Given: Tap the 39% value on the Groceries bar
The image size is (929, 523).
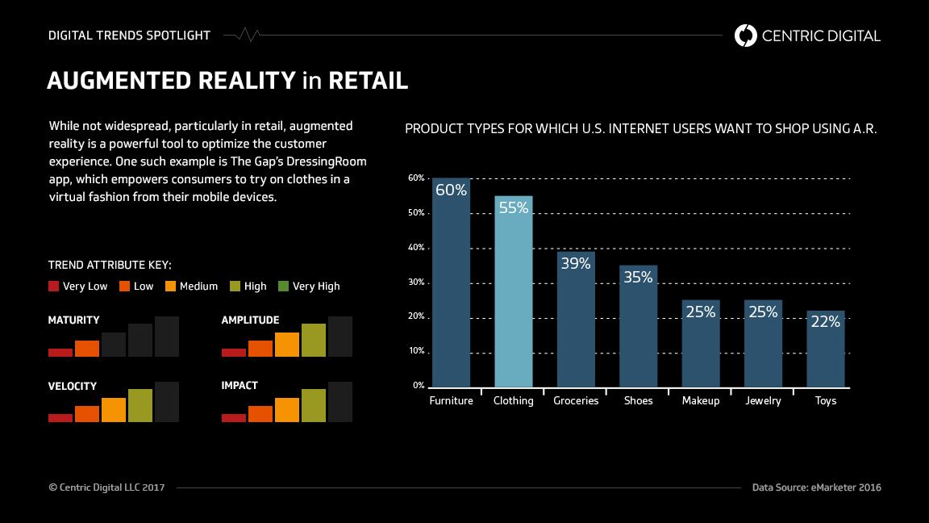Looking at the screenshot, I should pos(576,263).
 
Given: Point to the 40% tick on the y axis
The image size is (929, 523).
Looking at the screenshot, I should pos(416,248).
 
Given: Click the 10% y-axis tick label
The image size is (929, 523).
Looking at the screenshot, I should pos(416,351).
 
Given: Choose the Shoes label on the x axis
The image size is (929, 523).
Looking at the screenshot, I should pos(638,400).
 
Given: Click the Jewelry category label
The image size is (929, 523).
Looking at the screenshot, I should pos(763,400).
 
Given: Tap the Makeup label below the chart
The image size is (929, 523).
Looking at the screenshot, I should pos(700,400).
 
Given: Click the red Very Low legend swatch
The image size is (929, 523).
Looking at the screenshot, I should pos(54,286).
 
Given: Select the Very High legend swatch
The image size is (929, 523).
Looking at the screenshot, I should pos(283,286).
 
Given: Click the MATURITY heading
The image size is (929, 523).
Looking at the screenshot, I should pos(73,320).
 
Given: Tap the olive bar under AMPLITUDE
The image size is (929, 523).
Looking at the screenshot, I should pos(314,340).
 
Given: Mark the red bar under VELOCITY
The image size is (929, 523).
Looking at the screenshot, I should pos(60,418).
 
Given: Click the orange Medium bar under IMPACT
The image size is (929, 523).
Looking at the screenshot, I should pos(287,410).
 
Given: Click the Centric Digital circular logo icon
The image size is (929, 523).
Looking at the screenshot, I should pos(745,36).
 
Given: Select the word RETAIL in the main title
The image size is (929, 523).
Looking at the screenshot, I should pos(368,81).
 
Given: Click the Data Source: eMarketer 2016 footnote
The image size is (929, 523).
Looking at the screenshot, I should pos(816,487).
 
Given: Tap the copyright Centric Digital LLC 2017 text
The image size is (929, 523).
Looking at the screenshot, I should pos(106,487).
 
